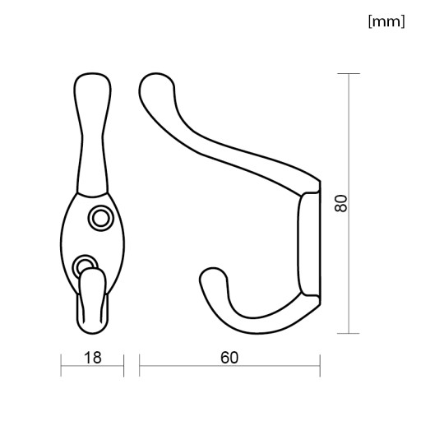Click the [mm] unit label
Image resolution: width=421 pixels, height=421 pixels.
(386, 21)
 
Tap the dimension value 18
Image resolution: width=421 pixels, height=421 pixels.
(93, 358)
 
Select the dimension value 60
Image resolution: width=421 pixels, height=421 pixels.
(229, 358)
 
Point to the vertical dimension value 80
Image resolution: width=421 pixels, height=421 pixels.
(341, 203)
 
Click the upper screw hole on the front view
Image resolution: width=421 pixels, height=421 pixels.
(100, 218)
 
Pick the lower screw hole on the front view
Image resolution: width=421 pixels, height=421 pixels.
(85, 265)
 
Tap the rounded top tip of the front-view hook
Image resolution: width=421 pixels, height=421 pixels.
(93, 80)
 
